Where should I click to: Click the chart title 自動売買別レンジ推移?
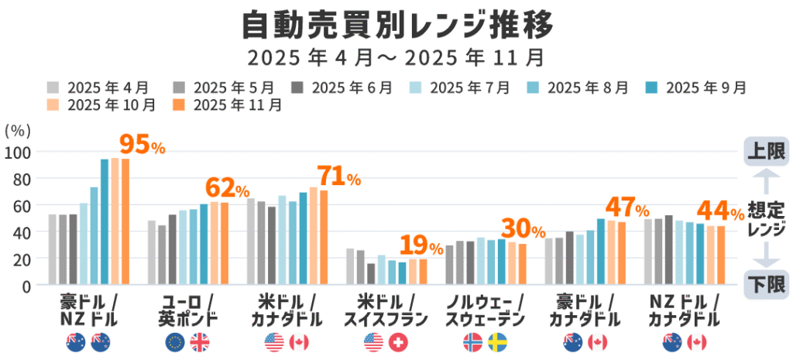[396, 25]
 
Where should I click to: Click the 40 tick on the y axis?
[24, 232]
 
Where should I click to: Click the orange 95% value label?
[142, 145]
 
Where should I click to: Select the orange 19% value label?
[421, 246]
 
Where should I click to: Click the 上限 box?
[764, 151]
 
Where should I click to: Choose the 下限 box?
[764, 284]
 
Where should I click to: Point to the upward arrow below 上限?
[764, 183]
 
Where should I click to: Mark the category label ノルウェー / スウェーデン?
[484, 309]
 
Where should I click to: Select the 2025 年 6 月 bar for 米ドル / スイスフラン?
[371, 274]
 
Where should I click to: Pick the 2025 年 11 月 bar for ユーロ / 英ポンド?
[225, 243]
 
